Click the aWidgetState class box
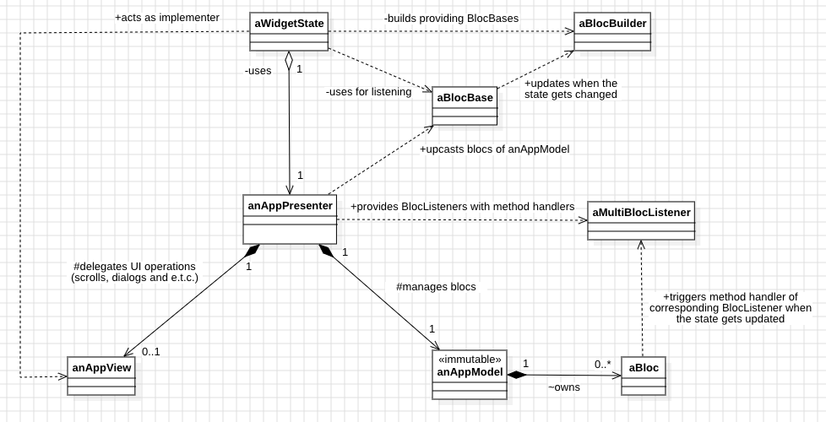click(x=289, y=32)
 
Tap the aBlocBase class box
click(x=464, y=105)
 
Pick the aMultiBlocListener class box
click(x=641, y=221)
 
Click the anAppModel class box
click(x=470, y=374)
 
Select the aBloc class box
click(x=643, y=375)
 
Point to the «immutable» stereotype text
click(x=470, y=359)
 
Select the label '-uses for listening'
click(x=368, y=91)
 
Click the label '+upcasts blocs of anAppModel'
click(x=494, y=149)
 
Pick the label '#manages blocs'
click(x=436, y=287)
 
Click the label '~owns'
click(x=563, y=387)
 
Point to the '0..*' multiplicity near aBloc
click(x=602, y=364)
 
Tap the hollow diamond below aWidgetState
click(x=289, y=61)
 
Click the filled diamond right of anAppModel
click(x=517, y=374)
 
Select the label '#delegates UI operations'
click(x=134, y=266)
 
